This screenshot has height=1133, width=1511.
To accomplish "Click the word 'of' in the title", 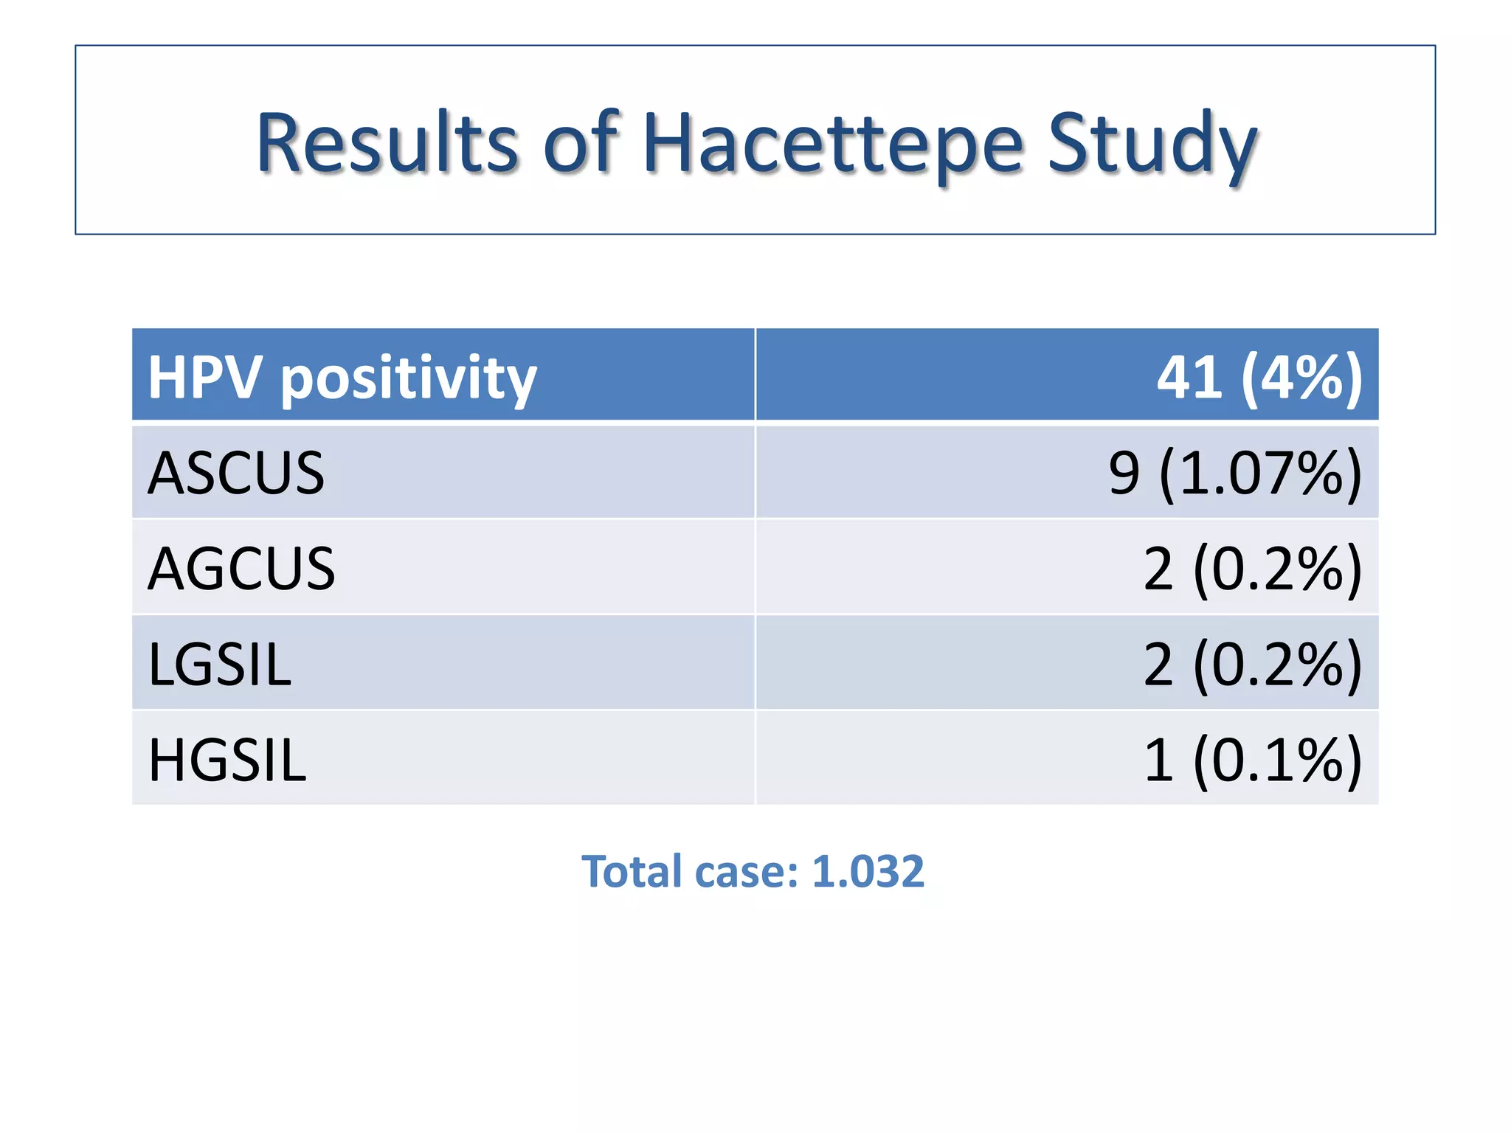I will click(580, 143).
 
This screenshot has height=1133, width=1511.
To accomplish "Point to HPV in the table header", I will click(204, 378).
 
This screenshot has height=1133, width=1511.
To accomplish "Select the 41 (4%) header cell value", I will click(1259, 378).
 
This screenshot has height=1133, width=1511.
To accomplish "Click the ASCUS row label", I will click(236, 474).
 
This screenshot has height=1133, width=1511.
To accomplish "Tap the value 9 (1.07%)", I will click(1234, 474).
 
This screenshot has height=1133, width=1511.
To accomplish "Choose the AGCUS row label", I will click(241, 569).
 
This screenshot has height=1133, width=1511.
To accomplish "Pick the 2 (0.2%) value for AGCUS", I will click(1252, 569).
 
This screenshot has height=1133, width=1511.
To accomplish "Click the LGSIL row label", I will click(220, 665).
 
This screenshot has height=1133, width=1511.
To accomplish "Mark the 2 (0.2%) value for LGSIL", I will click(1252, 665).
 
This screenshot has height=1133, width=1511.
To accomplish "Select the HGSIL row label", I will click(227, 760).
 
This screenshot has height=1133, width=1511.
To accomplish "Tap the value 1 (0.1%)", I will click(1252, 760).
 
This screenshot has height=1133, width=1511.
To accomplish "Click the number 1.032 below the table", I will click(868, 871).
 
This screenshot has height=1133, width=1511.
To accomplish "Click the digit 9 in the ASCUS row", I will click(1124, 474).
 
